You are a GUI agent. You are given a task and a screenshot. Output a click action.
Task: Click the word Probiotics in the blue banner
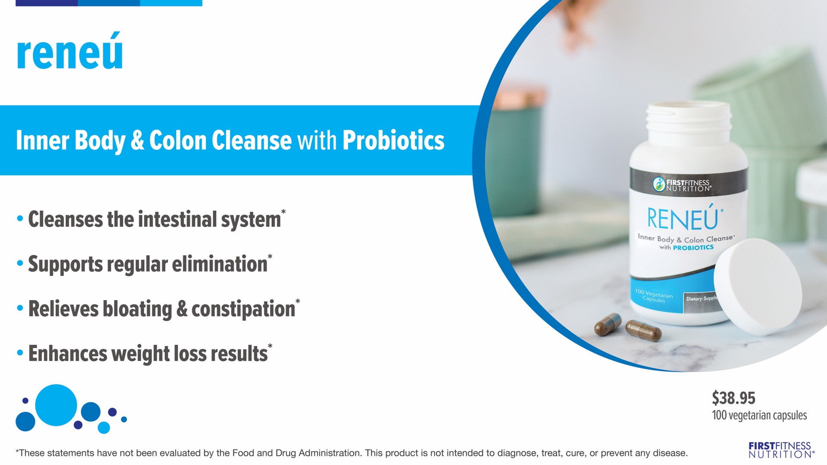(393, 140)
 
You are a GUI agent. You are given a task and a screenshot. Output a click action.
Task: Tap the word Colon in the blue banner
(178, 140)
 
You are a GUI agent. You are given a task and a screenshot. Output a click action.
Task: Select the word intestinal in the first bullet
(177, 219)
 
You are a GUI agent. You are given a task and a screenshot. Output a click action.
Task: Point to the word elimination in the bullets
(220, 264)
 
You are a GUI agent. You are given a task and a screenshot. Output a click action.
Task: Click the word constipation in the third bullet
(243, 309)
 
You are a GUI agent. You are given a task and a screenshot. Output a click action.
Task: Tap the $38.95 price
(734, 398)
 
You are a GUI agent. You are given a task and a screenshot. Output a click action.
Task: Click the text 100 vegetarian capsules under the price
(759, 415)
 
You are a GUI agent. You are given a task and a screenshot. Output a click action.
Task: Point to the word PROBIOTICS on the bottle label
(693, 248)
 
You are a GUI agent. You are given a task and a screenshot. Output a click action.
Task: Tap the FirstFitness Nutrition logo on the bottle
(682, 184)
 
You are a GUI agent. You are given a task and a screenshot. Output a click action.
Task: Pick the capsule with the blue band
(608, 325)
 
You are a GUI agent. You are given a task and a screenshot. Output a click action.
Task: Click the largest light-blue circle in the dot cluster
(56, 405)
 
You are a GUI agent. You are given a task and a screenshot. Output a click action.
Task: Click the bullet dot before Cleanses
(20, 218)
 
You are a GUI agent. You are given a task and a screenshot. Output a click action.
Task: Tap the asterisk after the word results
(270, 346)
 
